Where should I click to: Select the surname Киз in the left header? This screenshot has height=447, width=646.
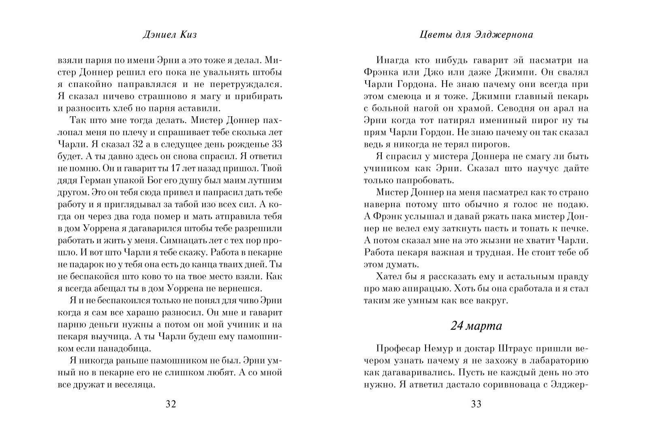point(189,35)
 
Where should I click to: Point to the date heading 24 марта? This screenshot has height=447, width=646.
point(476,326)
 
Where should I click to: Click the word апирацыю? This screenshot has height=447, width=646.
point(422,289)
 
